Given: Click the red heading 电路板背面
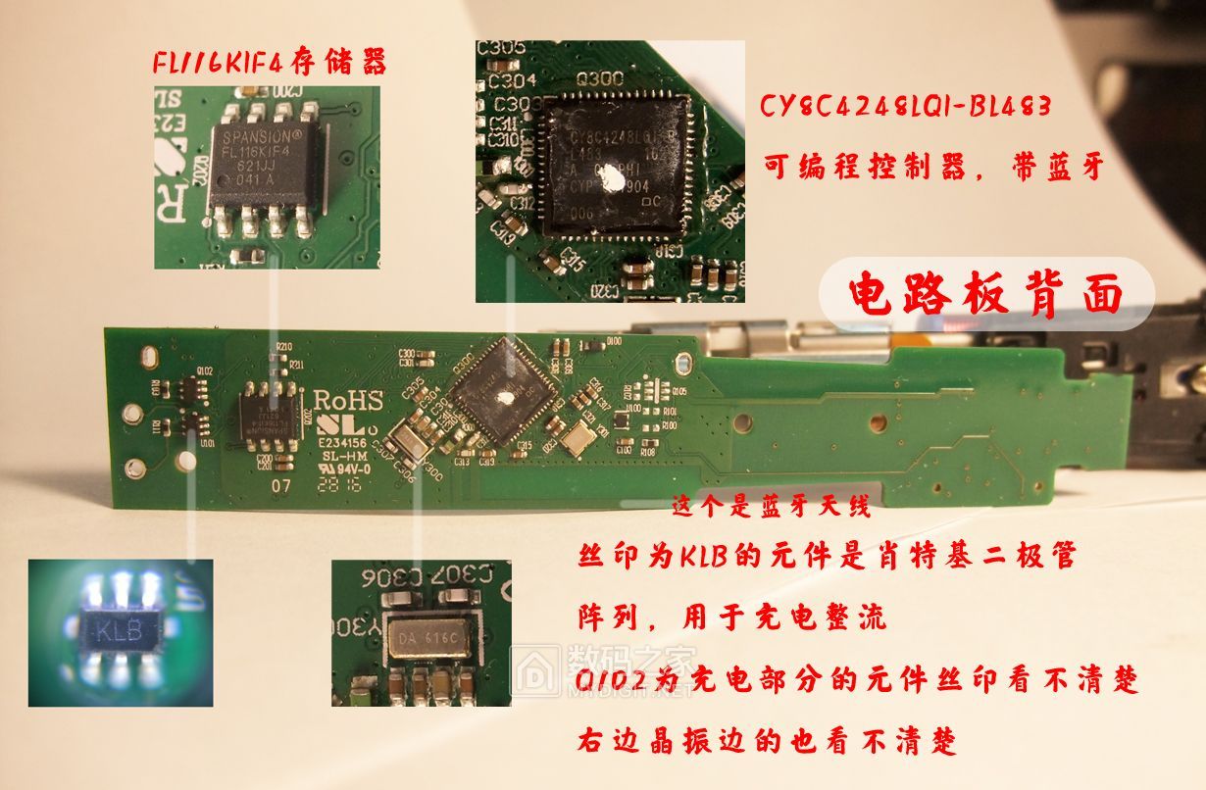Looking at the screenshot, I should pos(985,294).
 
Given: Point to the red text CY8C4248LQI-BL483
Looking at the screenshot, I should pos(905,106).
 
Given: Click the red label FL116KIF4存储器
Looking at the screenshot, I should pos(269,63).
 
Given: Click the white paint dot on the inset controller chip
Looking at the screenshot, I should pos(612,177).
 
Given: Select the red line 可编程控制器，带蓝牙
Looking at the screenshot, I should pos(932,168).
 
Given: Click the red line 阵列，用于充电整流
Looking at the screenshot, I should pos(730,617).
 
